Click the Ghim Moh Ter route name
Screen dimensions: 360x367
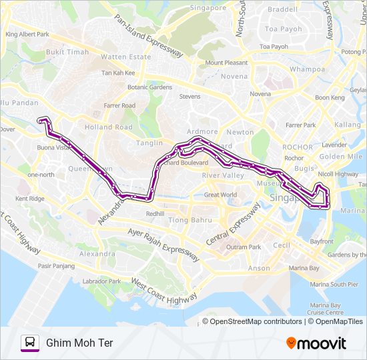point(79,343)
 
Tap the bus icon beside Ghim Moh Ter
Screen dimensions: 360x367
point(30,343)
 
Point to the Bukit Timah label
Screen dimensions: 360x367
point(67,51)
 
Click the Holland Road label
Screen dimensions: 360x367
point(108,127)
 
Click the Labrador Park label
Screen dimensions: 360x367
point(100,281)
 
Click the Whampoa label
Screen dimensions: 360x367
point(307,69)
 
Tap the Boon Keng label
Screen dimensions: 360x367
point(329,97)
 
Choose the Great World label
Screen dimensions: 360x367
point(220,195)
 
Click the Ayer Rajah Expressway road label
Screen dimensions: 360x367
point(163,243)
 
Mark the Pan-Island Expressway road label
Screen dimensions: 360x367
point(148,37)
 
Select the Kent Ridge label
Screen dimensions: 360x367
point(30,199)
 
